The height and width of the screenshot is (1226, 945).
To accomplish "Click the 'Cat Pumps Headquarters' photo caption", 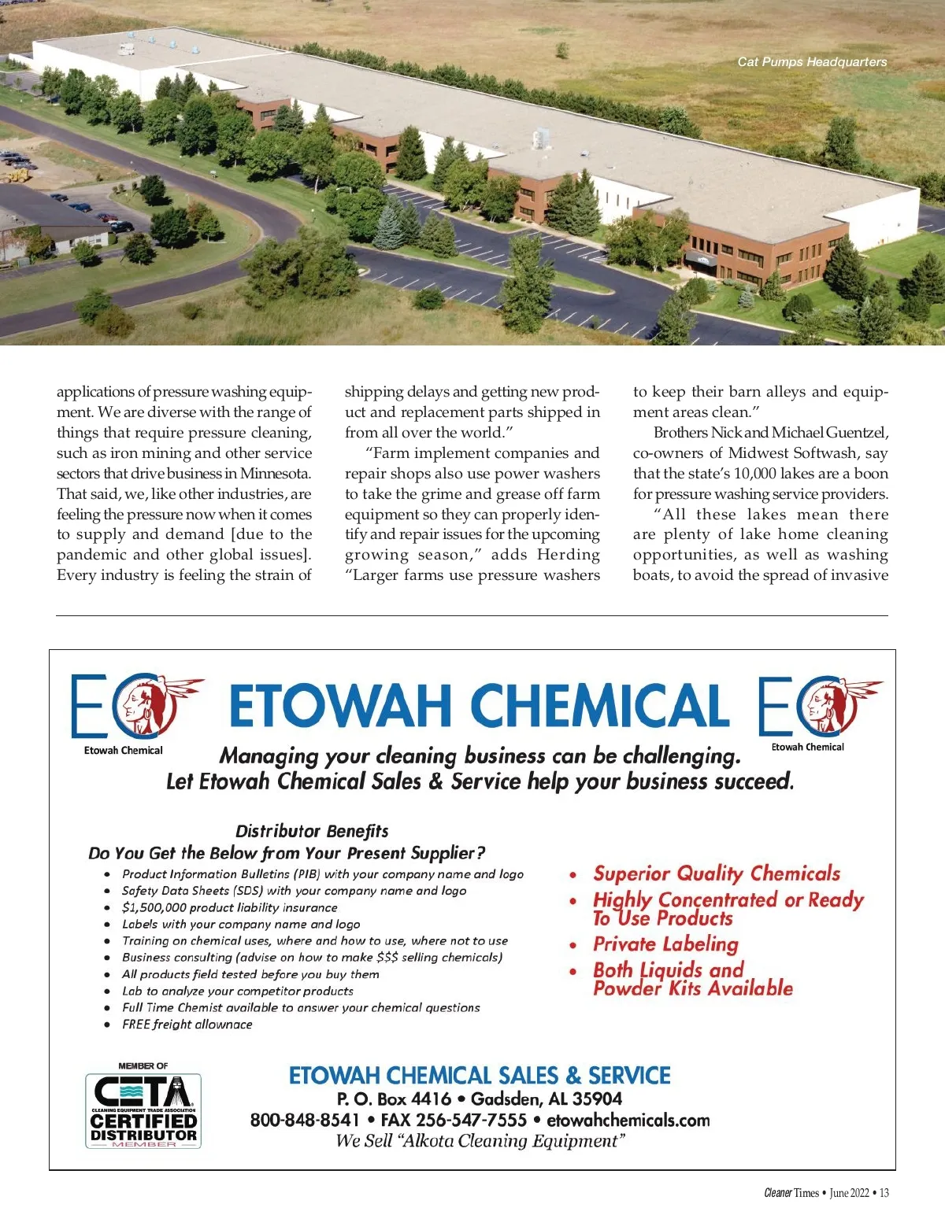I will click(x=812, y=61).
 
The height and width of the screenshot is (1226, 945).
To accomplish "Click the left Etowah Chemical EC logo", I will click(x=134, y=706).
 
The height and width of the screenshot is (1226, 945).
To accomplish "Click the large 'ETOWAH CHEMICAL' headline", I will click(x=479, y=705).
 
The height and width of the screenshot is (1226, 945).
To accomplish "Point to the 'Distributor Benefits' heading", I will click(x=312, y=831).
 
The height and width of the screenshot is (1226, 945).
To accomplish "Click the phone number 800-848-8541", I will click(x=305, y=1120).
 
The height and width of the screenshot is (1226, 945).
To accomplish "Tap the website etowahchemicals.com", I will click(x=628, y=1120).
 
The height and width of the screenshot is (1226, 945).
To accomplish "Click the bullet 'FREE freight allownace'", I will click(x=187, y=1025).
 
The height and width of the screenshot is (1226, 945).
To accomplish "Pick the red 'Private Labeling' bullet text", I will click(x=665, y=944).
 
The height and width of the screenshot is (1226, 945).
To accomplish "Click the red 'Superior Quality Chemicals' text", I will click(x=717, y=873).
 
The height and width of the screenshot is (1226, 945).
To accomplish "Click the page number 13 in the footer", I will click(x=884, y=1193).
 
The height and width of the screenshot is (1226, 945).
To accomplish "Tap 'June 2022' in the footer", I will click(x=849, y=1193).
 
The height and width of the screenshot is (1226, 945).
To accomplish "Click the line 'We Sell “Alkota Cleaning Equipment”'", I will click(x=480, y=1141).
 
